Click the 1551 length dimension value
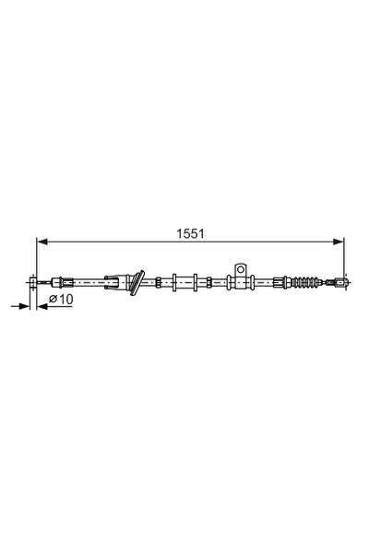coord(190,234)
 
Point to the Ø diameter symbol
coord(53,301)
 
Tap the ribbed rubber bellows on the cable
coord(308,280)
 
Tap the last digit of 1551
coord(200,234)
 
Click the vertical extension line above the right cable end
coord(344,258)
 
